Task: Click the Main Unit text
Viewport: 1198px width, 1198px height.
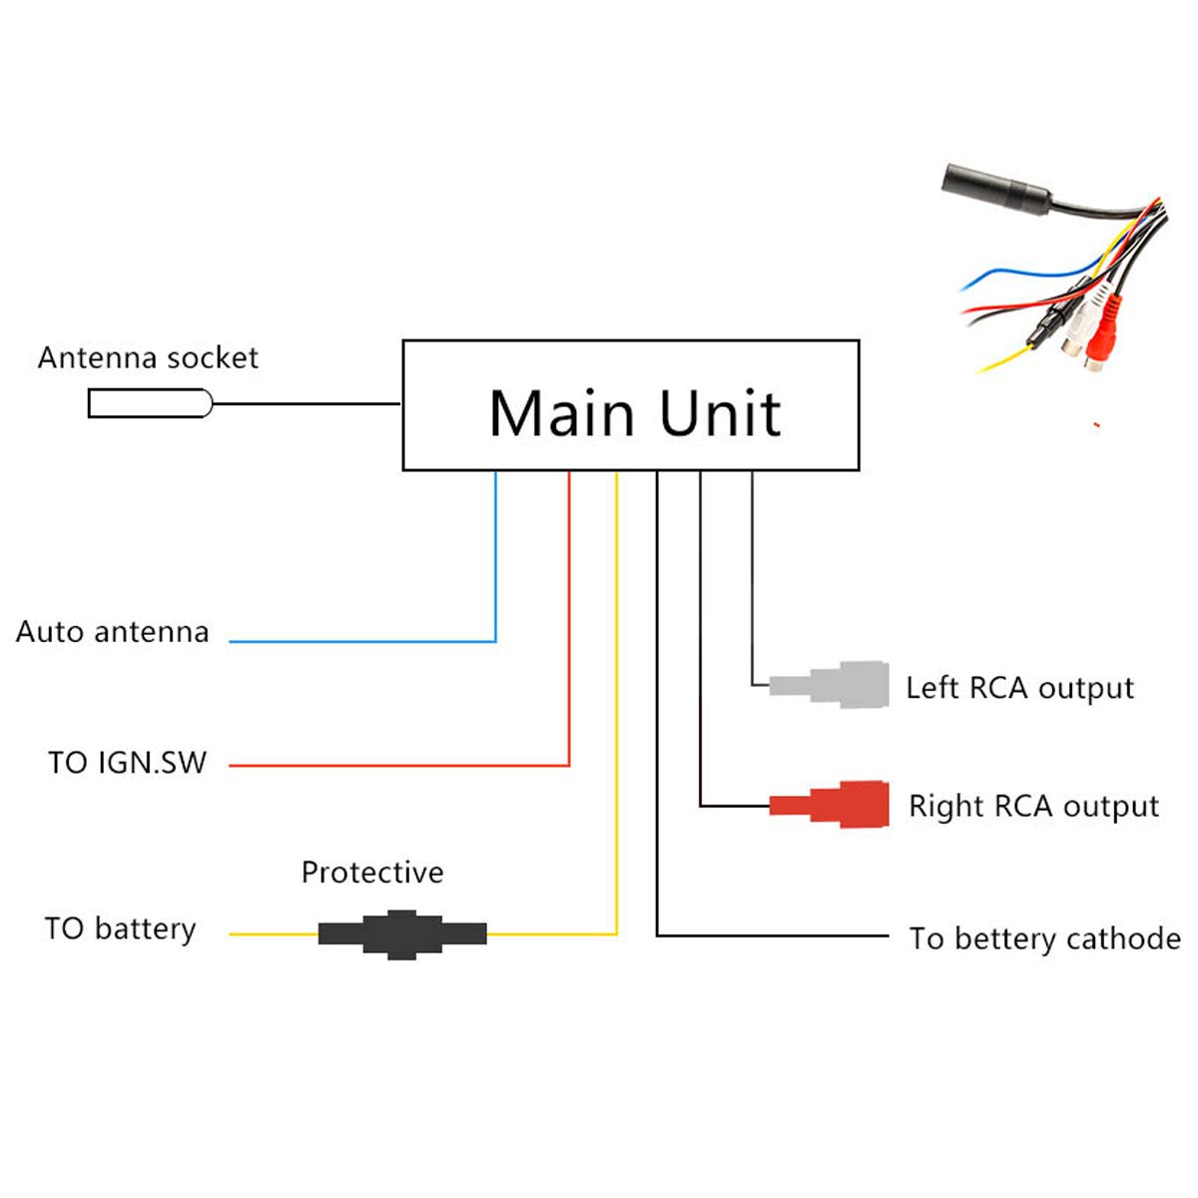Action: click(634, 412)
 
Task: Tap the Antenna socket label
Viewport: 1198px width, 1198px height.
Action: click(148, 357)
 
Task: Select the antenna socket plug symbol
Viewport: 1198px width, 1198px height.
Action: click(150, 403)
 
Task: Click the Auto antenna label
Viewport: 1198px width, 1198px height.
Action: click(113, 632)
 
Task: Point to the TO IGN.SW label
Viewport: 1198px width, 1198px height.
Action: click(127, 763)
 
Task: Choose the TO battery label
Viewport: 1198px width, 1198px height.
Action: click(120, 929)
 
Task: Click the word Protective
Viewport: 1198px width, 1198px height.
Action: click(372, 873)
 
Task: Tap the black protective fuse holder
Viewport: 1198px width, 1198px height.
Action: click(401, 934)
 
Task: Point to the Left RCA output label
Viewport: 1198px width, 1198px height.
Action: click(1019, 688)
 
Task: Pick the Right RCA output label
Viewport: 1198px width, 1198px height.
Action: click(1033, 807)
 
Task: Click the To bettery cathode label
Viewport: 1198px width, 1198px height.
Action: click(1044, 938)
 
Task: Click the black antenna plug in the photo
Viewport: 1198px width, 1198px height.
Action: click(993, 187)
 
